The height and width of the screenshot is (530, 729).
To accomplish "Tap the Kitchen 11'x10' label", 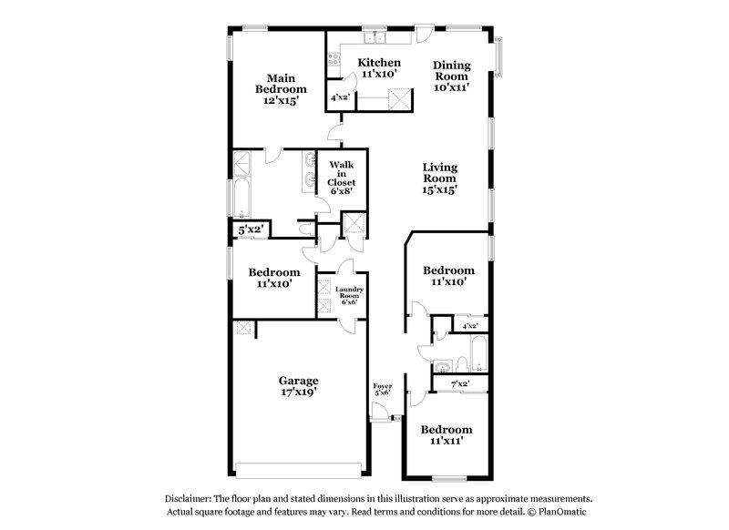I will coord(378,68).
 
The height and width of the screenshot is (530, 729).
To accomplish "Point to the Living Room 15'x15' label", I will coord(439,178).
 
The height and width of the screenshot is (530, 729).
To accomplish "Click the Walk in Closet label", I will coord(342,173).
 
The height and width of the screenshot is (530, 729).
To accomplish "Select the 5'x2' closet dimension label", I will coord(249,230).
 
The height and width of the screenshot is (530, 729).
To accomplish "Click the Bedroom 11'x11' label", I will coord(447,434).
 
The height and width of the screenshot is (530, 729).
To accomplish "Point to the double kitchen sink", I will coord(375,39).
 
